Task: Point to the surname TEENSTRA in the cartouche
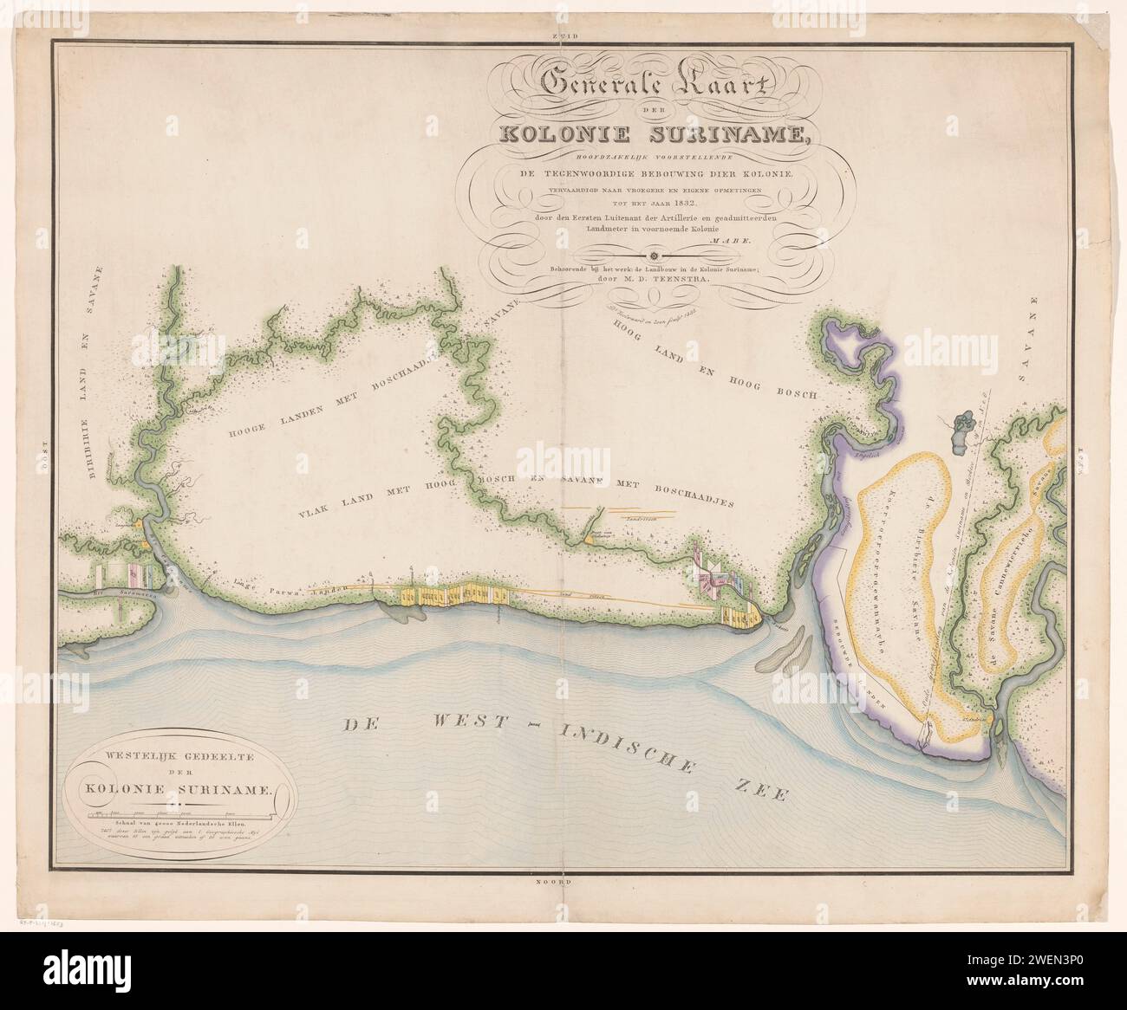(681, 280)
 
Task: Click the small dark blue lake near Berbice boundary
(962, 425)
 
